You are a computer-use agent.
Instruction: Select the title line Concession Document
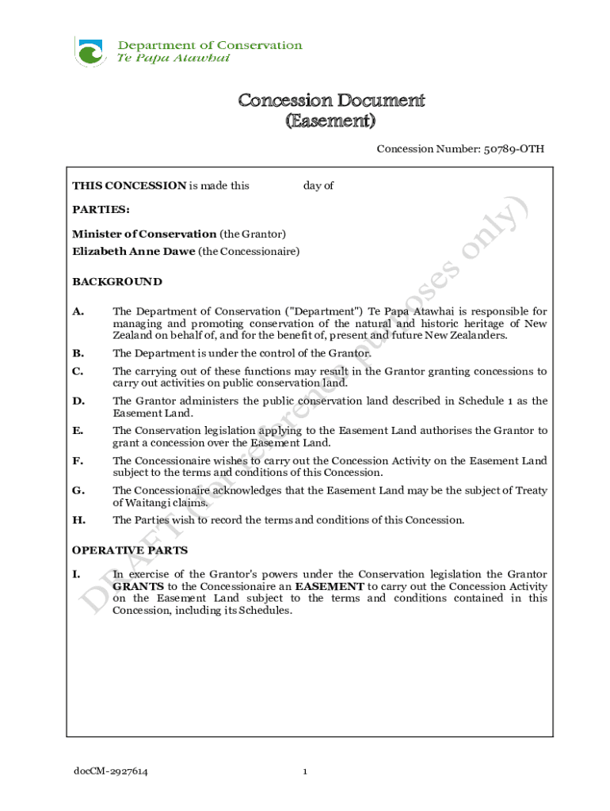coord(332,101)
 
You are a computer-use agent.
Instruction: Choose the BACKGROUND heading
coord(117,281)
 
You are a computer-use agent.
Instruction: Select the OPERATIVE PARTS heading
coord(130,550)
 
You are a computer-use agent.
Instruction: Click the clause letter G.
coord(78,490)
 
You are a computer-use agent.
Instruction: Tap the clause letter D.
coord(78,401)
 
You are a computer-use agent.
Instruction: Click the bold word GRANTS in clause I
coord(139,587)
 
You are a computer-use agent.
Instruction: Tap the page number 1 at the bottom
coord(305,771)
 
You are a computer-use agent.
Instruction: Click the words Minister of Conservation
coord(144,234)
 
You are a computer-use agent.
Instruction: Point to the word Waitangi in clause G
coord(151,502)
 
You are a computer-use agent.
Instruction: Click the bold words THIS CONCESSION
coord(129,186)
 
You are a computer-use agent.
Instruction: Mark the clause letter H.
coord(78,520)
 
